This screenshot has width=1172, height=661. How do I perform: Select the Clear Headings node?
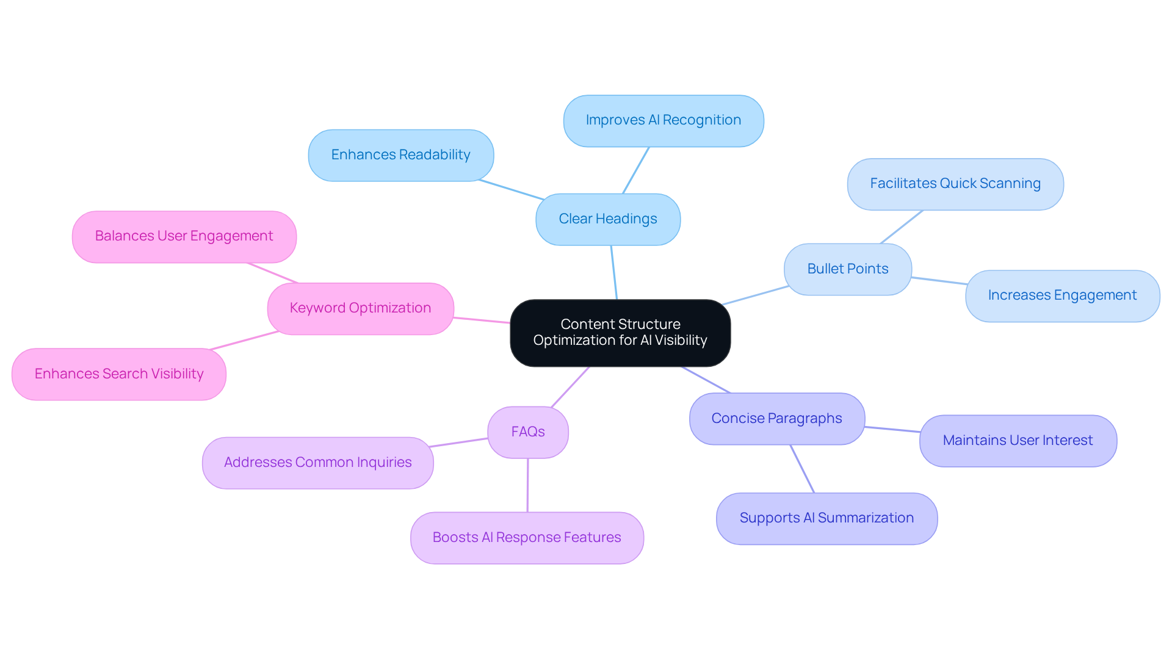pos(608,219)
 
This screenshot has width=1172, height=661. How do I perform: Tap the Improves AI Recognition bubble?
pos(664,120)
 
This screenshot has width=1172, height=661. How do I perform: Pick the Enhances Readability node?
pos(400,155)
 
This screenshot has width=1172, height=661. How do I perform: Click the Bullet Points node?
pos(847,269)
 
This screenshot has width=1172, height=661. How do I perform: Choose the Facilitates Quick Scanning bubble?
pos(955,184)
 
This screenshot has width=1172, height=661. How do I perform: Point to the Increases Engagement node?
pos(1062,295)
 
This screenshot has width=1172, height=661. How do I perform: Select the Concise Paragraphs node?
pos(776,419)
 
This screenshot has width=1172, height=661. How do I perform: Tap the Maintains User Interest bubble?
pos(1018,441)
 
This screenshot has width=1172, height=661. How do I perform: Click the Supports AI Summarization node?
pos(827,518)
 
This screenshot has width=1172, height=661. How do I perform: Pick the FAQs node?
pos(528,432)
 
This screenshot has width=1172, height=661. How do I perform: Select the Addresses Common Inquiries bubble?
pos(317,463)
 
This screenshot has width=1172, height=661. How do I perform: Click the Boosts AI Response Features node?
pos(527,538)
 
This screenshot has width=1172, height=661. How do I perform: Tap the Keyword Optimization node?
pos(360,308)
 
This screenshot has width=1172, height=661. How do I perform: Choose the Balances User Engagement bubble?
pos(184,236)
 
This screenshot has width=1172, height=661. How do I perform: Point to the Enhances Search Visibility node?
pos(119,374)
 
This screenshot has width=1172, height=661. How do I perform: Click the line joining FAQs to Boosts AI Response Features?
pos(527,485)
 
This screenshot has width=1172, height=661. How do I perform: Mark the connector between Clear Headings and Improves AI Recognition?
pos(635,170)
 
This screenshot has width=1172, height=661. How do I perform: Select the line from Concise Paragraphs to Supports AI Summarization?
pos(802,469)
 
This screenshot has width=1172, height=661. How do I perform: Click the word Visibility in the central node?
pos(681,341)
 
